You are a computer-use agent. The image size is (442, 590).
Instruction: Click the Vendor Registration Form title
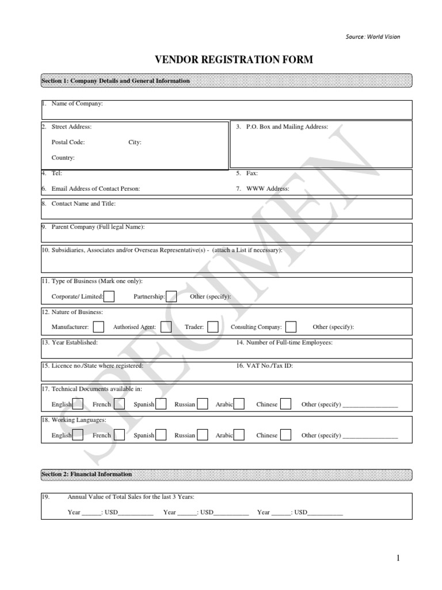pyautogui.click(x=233, y=60)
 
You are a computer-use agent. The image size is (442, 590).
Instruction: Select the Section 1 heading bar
pyautogui.click(x=226, y=81)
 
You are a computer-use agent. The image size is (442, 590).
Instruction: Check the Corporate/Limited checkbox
pyautogui.click(x=109, y=296)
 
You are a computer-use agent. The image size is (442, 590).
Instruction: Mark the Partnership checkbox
pyautogui.click(x=171, y=296)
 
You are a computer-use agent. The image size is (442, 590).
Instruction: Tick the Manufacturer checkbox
pyautogui.click(x=98, y=327)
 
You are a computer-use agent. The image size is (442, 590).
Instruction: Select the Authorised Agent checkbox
pyautogui.click(x=166, y=327)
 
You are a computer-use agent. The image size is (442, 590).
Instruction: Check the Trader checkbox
pyautogui.click(x=213, y=327)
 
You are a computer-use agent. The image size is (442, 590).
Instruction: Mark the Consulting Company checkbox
pyautogui.click(x=291, y=327)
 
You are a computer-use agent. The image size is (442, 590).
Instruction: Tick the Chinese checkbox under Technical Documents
pyautogui.click(x=285, y=404)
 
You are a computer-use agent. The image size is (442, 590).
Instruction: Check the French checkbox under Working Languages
pyautogui.click(x=120, y=435)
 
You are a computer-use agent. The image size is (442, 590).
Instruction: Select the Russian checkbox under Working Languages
pyautogui.click(x=202, y=435)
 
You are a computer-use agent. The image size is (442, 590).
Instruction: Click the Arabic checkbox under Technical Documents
pyautogui.click(x=239, y=404)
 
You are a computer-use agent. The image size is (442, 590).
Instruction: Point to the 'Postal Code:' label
pyautogui.click(x=68, y=142)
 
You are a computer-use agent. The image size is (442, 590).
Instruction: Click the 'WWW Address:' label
pyautogui.click(x=268, y=188)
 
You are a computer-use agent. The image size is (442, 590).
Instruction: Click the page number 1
pyautogui.click(x=397, y=558)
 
